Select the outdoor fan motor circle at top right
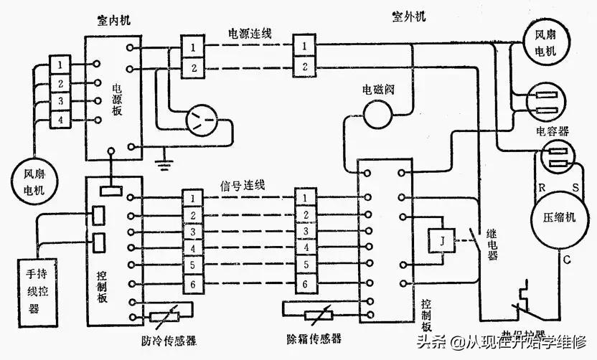coord(547,42)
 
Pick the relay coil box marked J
coord(442,241)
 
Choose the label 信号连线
coord(243,184)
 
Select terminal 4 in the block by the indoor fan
coord(62,118)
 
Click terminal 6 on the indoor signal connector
coord(192,285)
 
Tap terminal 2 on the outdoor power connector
coord(305,67)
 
